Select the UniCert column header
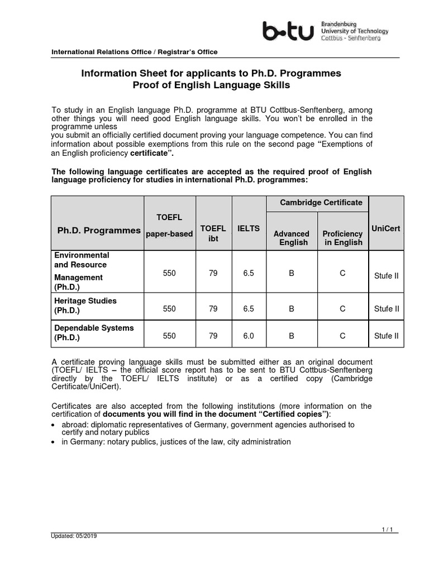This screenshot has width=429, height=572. pyautogui.click(x=386, y=228)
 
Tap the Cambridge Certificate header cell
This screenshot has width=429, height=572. pyautogui.click(x=317, y=203)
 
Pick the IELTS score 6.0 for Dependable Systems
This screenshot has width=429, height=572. pyautogui.click(x=249, y=336)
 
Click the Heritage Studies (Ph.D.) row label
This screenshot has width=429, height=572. pyautogui.click(x=85, y=306)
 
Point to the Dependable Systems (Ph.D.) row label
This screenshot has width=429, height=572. pyautogui.click(x=94, y=333)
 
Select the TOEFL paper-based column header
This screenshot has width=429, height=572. pyautogui.click(x=169, y=225)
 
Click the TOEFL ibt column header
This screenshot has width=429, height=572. pyautogui.click(x=213, y=233)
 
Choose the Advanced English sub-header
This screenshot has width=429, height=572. pyautogui.click(x=291, y=238)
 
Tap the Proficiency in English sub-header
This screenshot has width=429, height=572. pyautogui.click(x=343, y=238)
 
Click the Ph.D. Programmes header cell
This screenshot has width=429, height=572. pyautogui.click(x=99, y=231)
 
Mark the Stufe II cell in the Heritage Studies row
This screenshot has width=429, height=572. pyautogui.click(x=386, y=308)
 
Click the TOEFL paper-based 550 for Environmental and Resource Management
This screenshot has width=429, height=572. pyautogui.click(x=169, y=273)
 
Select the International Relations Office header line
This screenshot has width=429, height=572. pyautogui.click(x=135, y=52)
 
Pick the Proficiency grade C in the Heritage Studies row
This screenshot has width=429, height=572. pyautogui.click(x=343, y=308)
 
